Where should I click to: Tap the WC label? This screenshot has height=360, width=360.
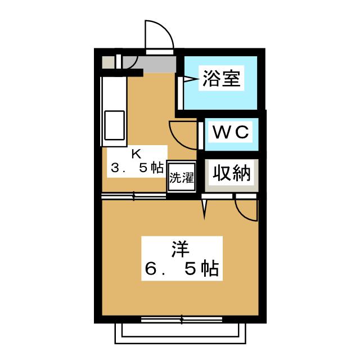tap(230, 133)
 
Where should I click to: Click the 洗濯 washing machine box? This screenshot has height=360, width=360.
tap(181, 179)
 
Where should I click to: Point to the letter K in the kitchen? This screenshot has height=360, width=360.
tap(136, 153)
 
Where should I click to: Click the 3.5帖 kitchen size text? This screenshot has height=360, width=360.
tap(137, 168)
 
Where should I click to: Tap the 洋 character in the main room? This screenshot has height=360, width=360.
tap(181, 247)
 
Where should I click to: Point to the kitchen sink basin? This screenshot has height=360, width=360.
tap(115, 126)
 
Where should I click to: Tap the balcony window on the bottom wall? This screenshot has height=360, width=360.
tap(181, 319)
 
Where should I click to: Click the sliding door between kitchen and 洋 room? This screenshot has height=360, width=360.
tap(134, 196)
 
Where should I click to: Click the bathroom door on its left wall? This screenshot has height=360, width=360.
tap(180, 93)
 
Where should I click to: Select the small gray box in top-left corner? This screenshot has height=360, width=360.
tap(107, 61)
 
